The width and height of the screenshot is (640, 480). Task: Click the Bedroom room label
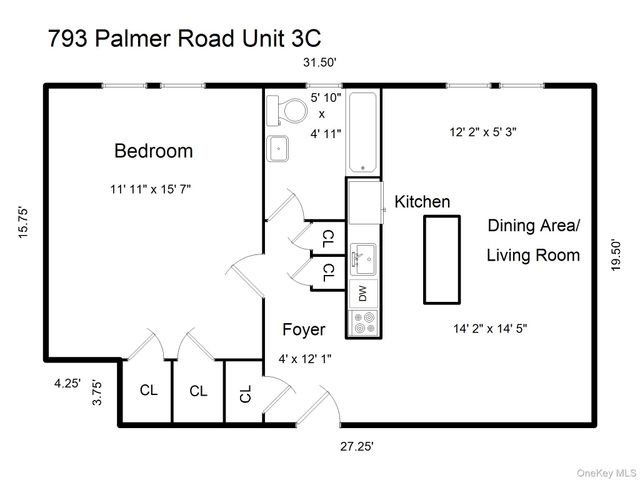coord(153,151)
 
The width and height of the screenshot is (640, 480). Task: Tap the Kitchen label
coord(422,202)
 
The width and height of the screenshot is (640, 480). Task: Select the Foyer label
coord(303,329)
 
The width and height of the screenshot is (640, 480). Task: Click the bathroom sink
coord(278,148)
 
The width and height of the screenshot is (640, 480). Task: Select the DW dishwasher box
coord(362,294)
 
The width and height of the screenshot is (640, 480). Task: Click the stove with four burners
coord(362,323)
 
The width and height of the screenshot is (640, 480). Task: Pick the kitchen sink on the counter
coord(362,257)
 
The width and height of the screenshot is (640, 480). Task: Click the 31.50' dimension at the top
coord(320,62)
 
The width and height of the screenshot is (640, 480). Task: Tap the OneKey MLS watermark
coord(598,470)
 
